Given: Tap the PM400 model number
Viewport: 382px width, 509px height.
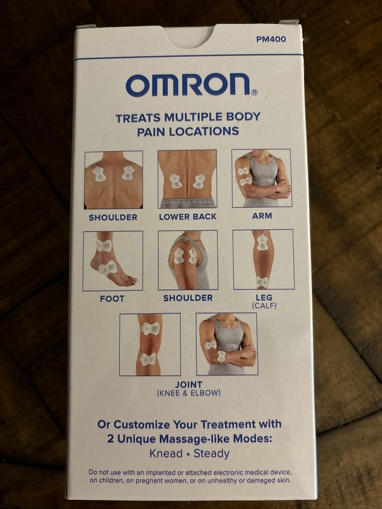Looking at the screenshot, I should (x=271, y=39).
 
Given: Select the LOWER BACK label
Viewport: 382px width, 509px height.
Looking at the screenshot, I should (x=187, y=217).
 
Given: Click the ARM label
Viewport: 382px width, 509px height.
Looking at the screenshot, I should (x=262, y=216).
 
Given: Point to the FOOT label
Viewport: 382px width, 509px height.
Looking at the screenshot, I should (x=112, y=299).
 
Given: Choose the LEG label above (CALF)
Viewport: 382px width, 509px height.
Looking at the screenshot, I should (x=264, y=297).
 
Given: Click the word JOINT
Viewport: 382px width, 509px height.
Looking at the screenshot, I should (x=188, y=384).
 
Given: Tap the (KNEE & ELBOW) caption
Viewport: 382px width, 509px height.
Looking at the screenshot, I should (x=188, y=393).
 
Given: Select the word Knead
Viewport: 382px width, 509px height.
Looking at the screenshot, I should (x=167, y=453).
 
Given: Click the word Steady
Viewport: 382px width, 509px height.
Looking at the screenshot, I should (x=212, y=453).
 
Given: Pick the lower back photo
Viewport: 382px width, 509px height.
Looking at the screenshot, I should (x=187, y=179).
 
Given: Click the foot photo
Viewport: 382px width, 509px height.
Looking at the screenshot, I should (x=112, y=260).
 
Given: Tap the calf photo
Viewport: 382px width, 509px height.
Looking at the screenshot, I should (x=263, y=259).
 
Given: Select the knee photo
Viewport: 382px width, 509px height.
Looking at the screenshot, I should (x=150, y=344).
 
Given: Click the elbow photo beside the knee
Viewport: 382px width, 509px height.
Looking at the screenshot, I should (x=227, y=344).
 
